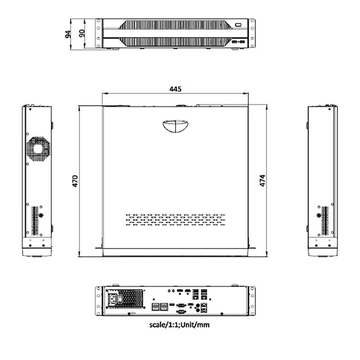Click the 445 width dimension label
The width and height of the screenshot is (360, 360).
[x=175, y=89]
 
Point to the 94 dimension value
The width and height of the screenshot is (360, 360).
[x=68, y=33]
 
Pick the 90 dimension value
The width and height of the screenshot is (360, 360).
[x=82, y=33]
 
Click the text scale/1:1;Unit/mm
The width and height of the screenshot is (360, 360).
[x=179, y=324]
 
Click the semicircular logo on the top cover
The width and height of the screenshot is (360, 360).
[x=175, y=126]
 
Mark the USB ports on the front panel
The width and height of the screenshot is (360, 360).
[x=239, y=42]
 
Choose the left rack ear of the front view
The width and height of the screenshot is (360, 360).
[x=98, y=33]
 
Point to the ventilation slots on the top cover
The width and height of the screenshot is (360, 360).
[x=175, y=220]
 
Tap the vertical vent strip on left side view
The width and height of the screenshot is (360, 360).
[x=36, y=220]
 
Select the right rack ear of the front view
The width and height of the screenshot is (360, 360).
[x=252, y=33]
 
